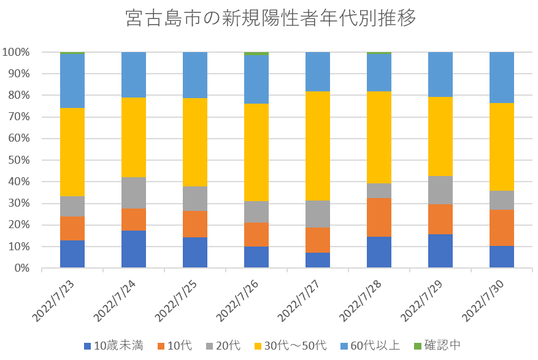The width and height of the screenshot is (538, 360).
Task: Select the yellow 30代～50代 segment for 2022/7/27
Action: click(318, 146)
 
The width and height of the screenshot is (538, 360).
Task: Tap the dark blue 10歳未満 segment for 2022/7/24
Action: click(134, 249)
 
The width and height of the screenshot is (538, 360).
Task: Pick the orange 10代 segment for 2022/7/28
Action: click(379, 217)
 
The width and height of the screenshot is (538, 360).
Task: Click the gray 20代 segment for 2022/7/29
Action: click(440, 190)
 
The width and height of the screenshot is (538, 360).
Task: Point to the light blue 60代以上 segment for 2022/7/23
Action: click(72, 81)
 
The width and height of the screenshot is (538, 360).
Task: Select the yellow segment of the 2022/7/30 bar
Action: click(502, 147)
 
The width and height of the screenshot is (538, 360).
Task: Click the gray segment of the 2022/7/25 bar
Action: click(195, 198)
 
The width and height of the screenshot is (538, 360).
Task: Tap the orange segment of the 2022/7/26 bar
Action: click(256, 234)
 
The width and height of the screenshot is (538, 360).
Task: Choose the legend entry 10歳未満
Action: click(113, 346)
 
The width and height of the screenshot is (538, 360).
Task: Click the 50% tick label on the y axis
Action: click(19, 160)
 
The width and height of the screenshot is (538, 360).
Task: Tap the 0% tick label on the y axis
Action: click(21, 268)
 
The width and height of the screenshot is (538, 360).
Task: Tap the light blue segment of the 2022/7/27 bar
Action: click(318, 72)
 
